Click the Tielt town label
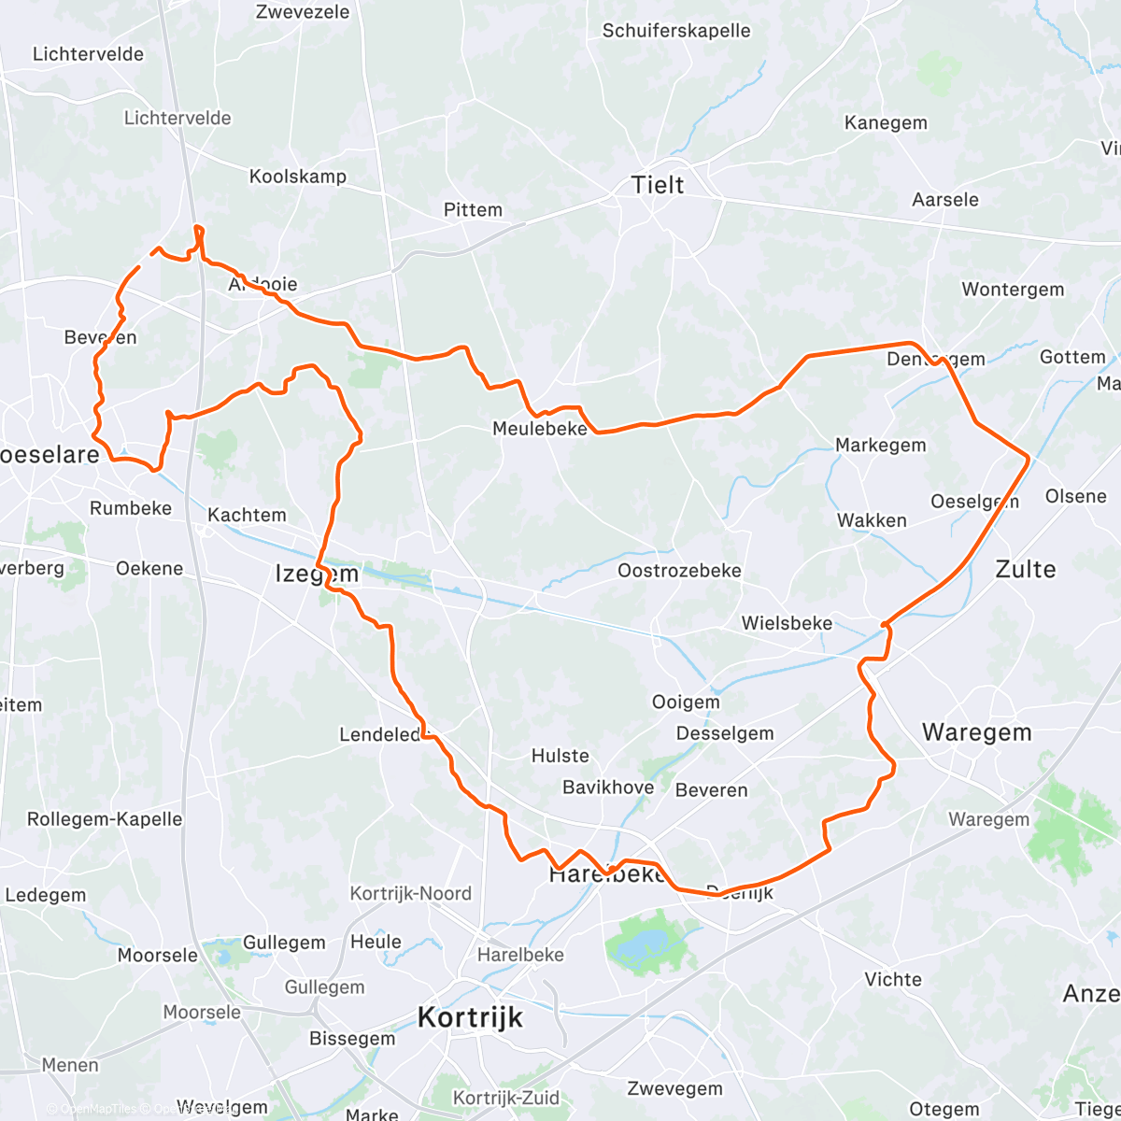click(x=658, y=185)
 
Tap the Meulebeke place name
click(x=540, y=429)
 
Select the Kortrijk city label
click(x=470, y=1017)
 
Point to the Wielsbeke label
click(x=787, y=623)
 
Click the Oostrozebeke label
click(x=679, y=571)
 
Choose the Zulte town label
click(x=1025, y=570)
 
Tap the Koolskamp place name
click(x=297, y=177)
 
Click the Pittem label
click(x=473, y=210)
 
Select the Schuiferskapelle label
click(x=676, y=31)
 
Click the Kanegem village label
click(x=886, y=123)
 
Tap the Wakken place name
click(x=872, y=521)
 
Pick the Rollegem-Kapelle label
click(x=105, y=819)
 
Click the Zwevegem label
click(x=674, y=1088)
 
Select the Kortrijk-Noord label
click(x=410, y=894)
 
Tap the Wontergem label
click(x=1013, y=290)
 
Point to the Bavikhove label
click(x=608, y=788)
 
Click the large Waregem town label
click(x=976, y=732)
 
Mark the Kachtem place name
click(x=247, y=516)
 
